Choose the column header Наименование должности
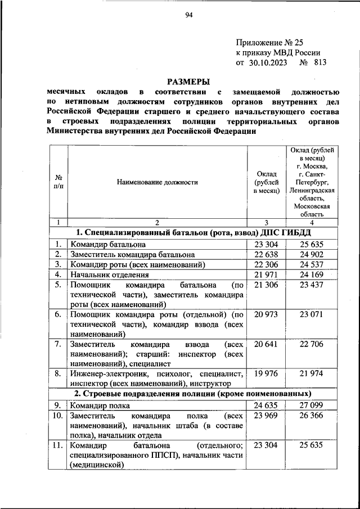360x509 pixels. (157, 182)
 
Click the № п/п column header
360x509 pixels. (58, 182)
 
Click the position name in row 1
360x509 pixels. (108, 244)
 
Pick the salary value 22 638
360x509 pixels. (266, 254)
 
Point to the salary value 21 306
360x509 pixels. (266, 285)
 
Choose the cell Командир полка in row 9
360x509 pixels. (100, 405)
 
